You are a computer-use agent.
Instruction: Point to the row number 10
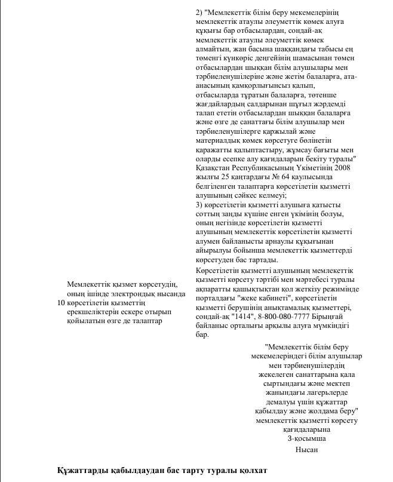(x=60, y=303)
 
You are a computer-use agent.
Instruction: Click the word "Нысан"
(x=306, y=450)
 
